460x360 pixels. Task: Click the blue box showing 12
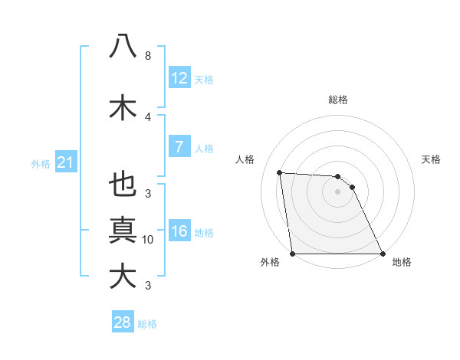coord(179,78)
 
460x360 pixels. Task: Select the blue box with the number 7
coord(179,147)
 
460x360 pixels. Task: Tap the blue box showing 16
coord(179,231)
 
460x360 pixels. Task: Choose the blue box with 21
coord(66,162)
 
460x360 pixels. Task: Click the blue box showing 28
coord(123,322)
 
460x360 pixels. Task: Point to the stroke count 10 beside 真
coord(148,240)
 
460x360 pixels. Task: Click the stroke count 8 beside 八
coord(148,56)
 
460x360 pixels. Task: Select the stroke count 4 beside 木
coord(148,116)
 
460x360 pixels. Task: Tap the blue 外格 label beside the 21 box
coord(41,163)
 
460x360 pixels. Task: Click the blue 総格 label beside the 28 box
coord(147,323)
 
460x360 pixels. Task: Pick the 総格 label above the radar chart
coord(338,100)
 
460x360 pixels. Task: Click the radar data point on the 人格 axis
coord(280,172)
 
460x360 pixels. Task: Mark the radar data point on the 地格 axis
coord(383,254)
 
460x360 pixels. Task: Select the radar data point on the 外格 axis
coord(293,254)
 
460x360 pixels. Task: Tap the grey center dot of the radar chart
coord(337,191)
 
